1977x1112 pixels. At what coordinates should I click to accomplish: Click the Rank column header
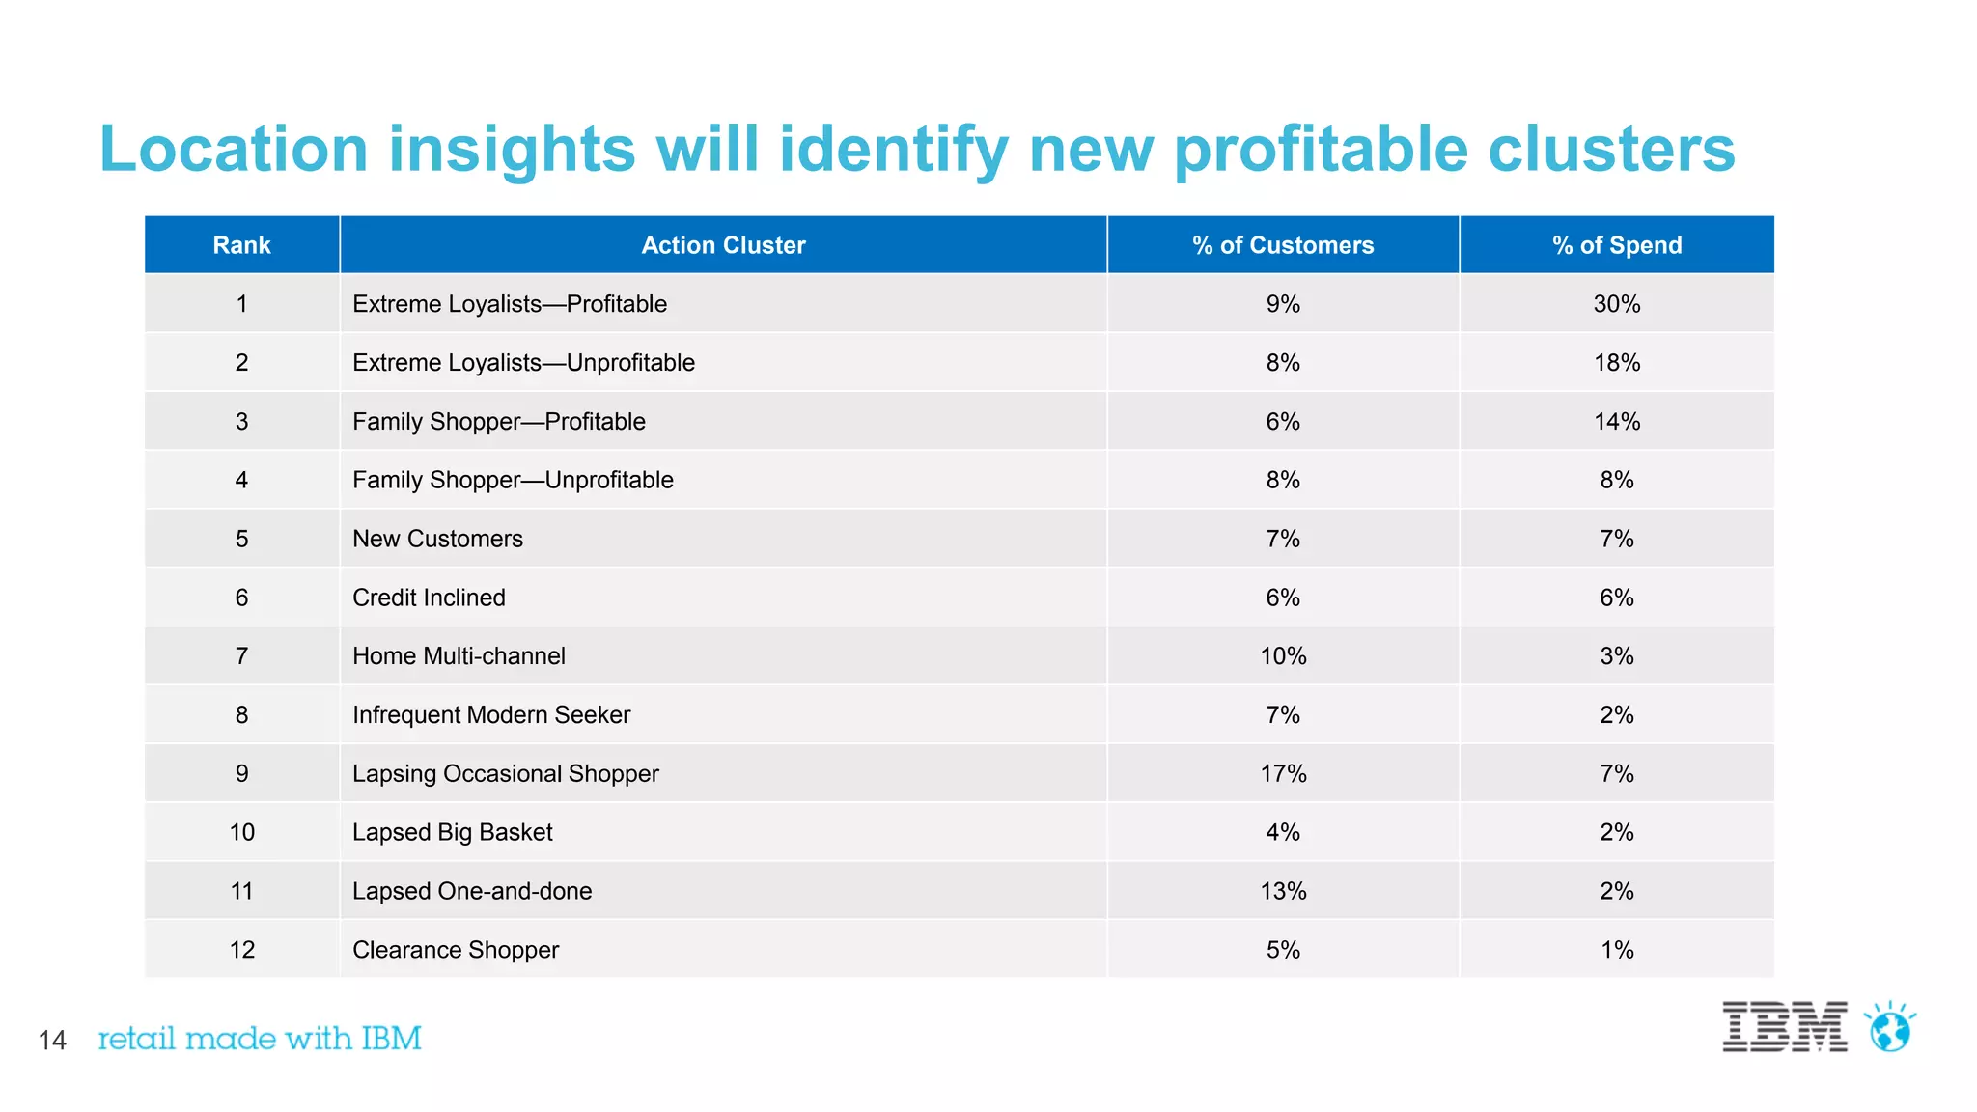(241, 245)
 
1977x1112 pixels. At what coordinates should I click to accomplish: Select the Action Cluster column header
(723, 245)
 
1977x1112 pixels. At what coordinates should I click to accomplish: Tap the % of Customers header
(1283, 245)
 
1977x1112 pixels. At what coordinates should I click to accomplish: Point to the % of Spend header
(1617, 245)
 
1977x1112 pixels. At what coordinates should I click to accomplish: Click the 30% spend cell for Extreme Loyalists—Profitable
(1617, 304)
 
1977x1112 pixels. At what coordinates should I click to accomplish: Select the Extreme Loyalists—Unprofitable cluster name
(523, 363)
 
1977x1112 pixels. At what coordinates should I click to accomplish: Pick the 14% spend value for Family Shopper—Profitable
(1617, 422)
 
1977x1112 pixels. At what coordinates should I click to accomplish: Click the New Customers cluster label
(437, 539)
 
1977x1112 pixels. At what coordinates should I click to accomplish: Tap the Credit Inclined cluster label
(429, 598)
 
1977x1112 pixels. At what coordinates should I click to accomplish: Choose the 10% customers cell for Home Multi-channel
(1283, 656)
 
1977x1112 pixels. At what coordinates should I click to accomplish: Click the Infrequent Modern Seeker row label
(490, 715)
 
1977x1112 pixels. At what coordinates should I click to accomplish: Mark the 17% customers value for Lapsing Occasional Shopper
(1283, 774)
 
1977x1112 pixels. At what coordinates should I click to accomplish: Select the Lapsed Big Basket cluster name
(452, 832)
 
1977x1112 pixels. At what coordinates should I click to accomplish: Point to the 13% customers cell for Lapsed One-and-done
(1283, 891)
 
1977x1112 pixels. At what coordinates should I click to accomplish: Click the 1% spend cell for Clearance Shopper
(1617, 950)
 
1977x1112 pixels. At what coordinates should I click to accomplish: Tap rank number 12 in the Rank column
(241, 950)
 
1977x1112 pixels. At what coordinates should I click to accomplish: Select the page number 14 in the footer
(52, 1041)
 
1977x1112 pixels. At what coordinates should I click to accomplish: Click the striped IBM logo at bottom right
(1784, 1027)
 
